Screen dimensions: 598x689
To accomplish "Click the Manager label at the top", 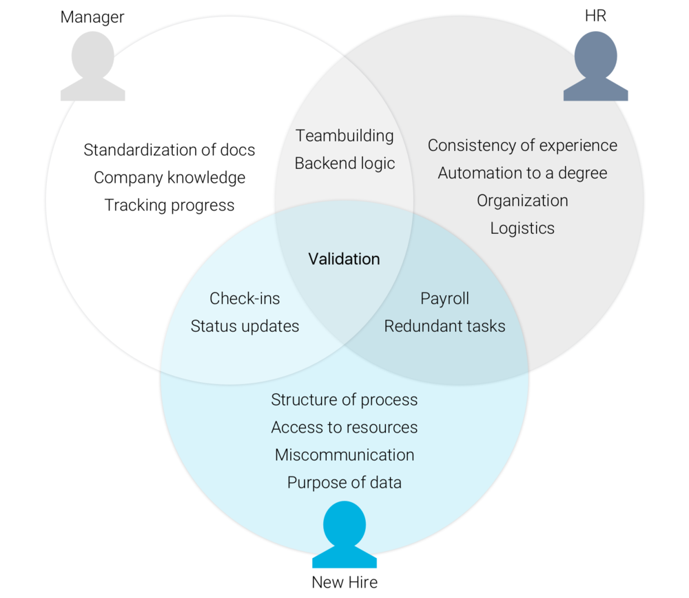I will [x=92, y=17].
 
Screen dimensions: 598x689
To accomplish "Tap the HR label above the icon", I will [x=595, y=16].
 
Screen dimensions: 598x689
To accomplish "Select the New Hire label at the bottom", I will [x=344, y=582].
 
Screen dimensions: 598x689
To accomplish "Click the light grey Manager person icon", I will [x=92, y=68].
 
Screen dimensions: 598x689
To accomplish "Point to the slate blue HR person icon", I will [x=595, y=68].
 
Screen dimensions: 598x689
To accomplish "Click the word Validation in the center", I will [x=344, y=259].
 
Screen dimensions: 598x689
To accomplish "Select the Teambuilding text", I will [x=344, y=136].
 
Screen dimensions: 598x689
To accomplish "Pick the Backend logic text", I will [x=344, y=163].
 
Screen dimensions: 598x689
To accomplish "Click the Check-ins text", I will [x=245, y=299].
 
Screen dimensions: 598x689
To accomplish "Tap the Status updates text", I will [x=245, y=326].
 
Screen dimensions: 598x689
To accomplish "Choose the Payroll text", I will [x=444, y=299].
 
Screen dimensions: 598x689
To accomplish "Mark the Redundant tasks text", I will [x=444, y=326].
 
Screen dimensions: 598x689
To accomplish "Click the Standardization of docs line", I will [x=169, y=150].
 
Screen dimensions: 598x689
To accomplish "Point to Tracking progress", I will [x=169, y=205].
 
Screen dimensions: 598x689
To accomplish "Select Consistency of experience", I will [x=522, y=146].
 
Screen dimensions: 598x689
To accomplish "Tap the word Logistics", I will [x=522, y=228].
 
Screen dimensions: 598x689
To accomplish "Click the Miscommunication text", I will [x=344, y=455].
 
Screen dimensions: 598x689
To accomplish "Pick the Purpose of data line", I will [x=344, y=483].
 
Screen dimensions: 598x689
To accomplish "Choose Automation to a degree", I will [x=522, y=173].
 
